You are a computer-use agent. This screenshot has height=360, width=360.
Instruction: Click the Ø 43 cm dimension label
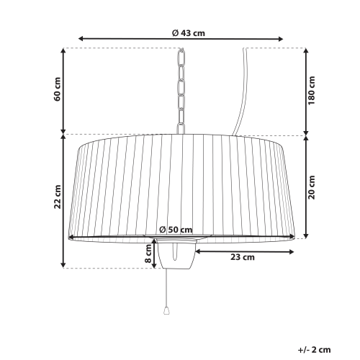click(189, 33)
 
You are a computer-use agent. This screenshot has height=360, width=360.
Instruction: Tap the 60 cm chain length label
click(58, 89)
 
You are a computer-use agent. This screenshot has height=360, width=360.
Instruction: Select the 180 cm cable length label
click(312, 91)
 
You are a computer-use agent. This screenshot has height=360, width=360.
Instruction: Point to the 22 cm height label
click(58, 197)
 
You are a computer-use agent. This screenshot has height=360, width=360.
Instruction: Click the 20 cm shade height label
click(312, 187)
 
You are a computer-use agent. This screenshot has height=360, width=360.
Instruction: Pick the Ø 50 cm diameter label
click(176, 230)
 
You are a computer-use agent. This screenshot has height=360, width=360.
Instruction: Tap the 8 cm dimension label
click(148, 253)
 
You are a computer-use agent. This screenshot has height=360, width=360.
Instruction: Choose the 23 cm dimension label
click(243, 257)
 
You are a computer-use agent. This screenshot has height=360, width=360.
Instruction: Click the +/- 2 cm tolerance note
click(314, 350)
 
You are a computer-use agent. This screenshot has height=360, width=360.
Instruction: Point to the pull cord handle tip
click(166, 311)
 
